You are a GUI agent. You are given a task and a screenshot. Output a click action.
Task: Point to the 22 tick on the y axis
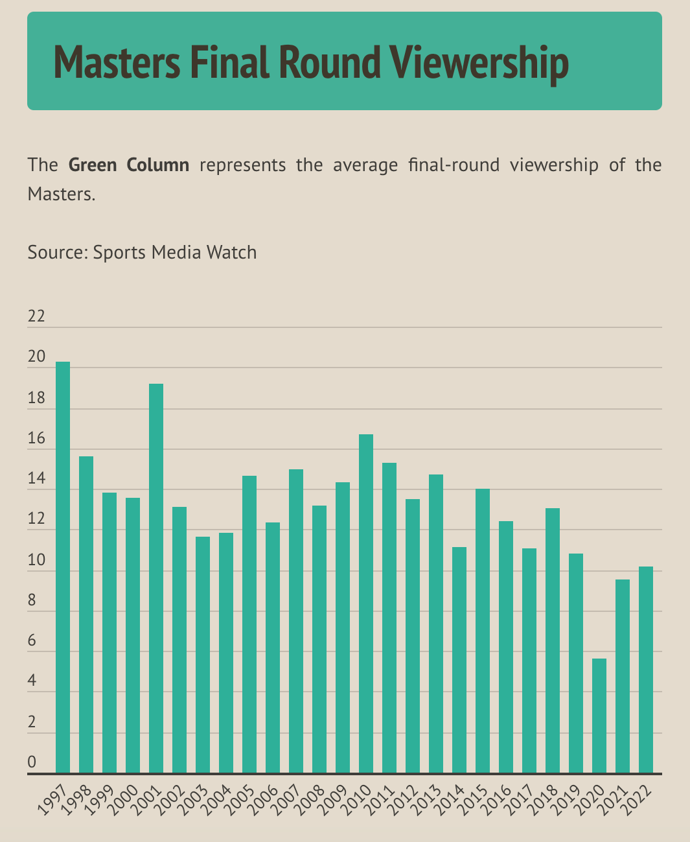pos(36,317)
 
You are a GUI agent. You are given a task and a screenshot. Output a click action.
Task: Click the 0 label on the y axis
pos(32,762)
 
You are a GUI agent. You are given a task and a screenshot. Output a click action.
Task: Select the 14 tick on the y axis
pos(36,479)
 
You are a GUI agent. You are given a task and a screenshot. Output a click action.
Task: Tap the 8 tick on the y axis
pos(32,600)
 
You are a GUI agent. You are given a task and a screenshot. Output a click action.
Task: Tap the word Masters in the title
pos(117,63)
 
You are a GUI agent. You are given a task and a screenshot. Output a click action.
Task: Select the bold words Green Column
pos(129,165)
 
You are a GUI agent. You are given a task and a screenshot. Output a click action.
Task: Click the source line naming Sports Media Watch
pos(142,252)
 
